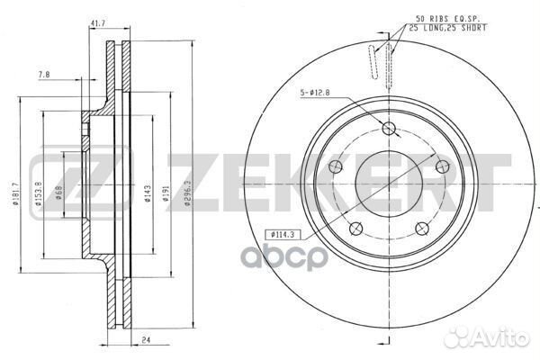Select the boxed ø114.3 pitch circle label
283,236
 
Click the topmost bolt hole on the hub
389,130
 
